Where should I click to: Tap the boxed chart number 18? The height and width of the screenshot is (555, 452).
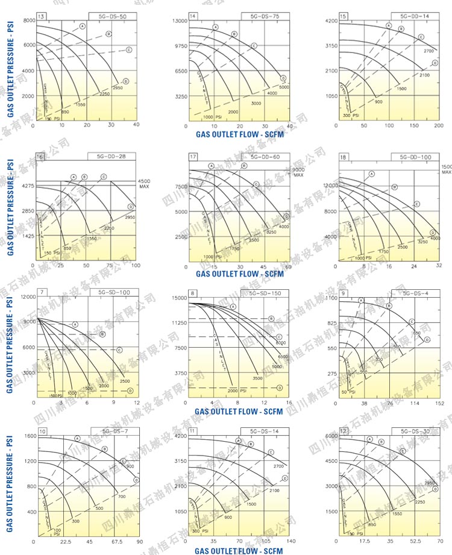(343, 157)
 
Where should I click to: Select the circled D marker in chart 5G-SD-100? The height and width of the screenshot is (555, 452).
(130, 390)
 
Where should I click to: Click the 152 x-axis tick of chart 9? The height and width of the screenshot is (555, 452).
(439, 403)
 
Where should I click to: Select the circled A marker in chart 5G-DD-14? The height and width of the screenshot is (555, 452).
(389, 26)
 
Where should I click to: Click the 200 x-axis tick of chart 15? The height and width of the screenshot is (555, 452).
(438, 125)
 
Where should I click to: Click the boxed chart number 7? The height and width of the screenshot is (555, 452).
(41, 293)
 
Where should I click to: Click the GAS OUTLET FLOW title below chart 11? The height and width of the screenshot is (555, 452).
(239, 550)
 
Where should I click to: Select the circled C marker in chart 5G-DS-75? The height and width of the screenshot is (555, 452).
(254, 46)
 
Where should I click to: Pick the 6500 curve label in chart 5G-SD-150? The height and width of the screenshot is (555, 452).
(283, 357)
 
